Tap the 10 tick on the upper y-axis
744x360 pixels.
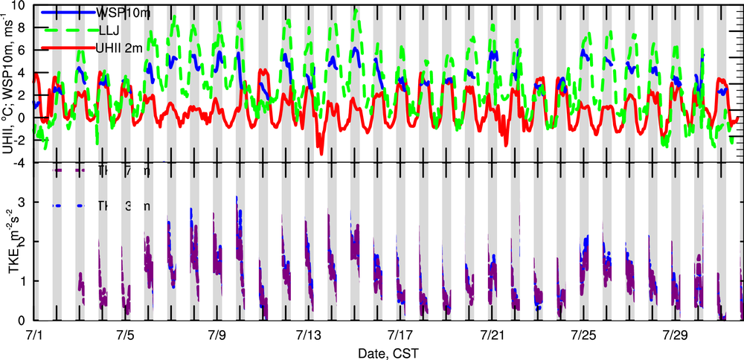(x=17, y=5)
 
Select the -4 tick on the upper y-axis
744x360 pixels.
(x=19, y=163)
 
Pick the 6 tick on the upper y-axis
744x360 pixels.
(x=22, y=51)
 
